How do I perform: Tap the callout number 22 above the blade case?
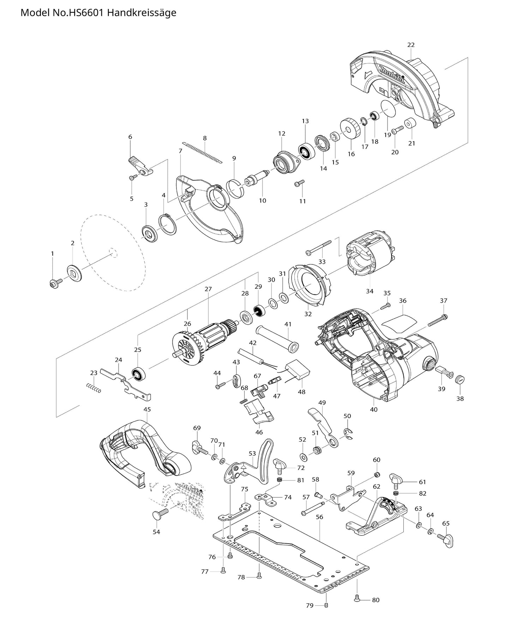point(411,45)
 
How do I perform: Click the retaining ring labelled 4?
point(168,225)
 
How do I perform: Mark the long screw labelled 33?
point(319,247)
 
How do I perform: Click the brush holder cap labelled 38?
point(459,380)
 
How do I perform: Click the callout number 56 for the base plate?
point(319,517)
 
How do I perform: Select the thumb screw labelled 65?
point(446,541)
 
